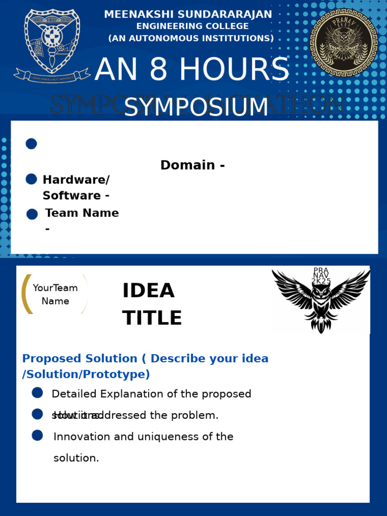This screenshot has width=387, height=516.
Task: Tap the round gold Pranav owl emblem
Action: point(343,42)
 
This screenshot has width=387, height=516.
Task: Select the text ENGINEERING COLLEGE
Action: point(192,26)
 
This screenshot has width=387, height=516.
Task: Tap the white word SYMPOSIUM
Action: point(196,107)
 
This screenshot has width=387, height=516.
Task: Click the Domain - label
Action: point(192,165)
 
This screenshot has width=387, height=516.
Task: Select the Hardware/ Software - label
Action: point(76,187)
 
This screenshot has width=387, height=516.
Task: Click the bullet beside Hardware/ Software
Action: point(31,179)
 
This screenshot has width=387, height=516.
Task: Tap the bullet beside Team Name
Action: point(32,214)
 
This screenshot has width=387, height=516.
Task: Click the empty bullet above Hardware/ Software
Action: point(31,144)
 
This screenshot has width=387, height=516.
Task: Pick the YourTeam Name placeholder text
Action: point(55,294)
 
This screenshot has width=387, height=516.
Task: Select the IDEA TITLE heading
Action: point(152,304)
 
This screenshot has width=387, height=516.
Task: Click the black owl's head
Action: point(321,293)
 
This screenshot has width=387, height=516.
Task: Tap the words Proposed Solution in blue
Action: point(80,359)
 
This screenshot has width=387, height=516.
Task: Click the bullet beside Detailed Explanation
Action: point(37,393)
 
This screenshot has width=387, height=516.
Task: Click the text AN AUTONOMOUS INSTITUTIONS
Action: point(191,38)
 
